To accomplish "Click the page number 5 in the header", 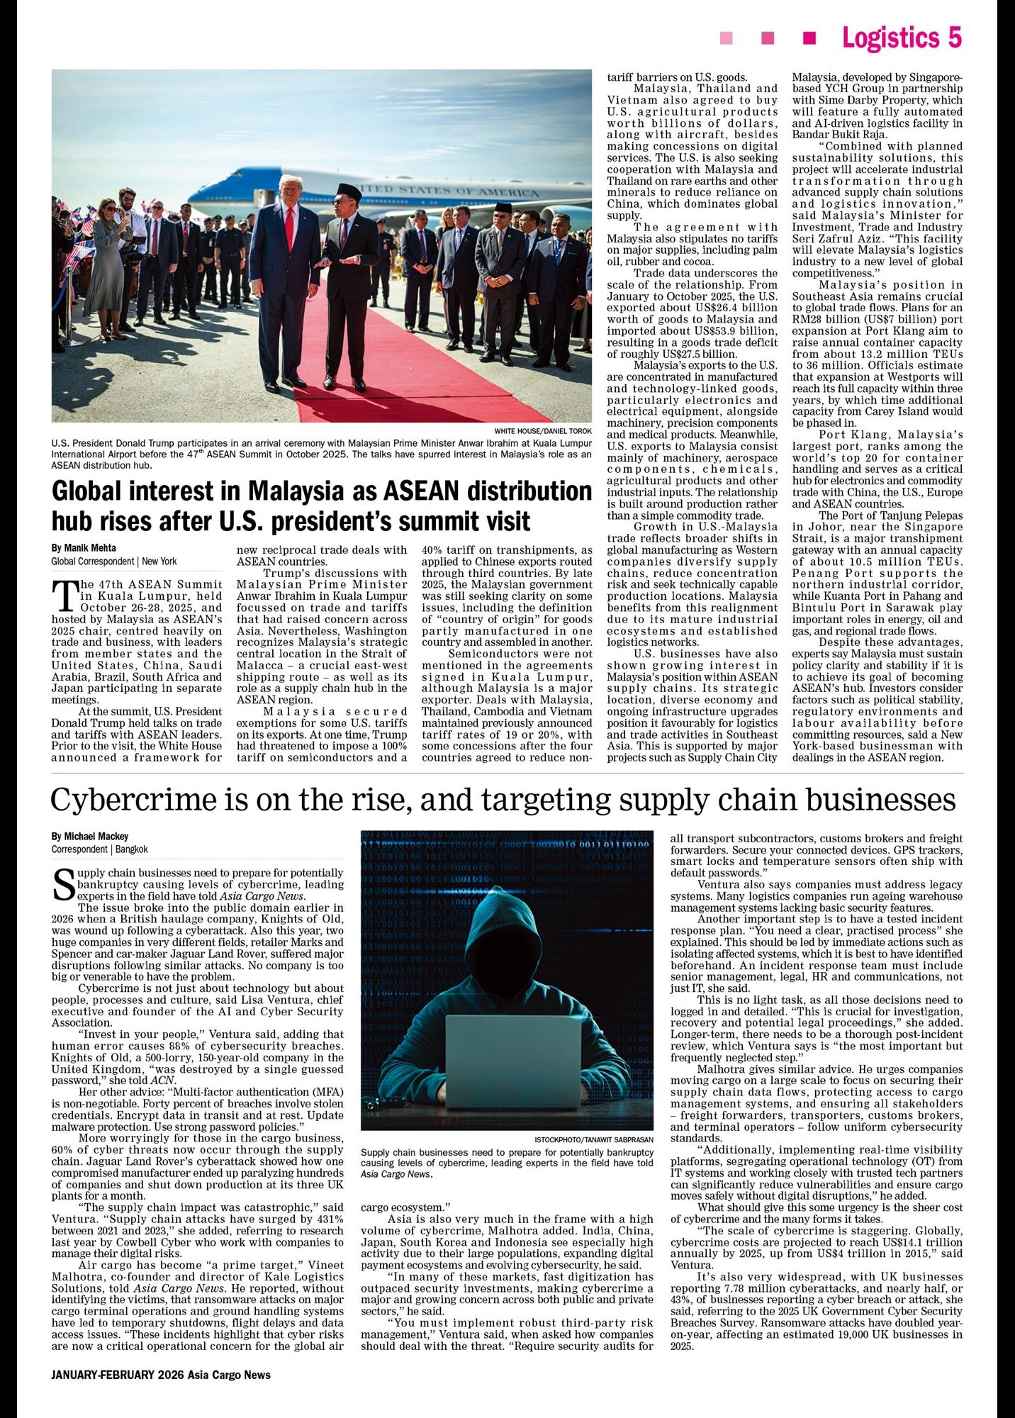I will (954, 38).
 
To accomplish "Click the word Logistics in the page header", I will (892, 38).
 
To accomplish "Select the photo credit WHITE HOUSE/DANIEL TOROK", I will (543, 431).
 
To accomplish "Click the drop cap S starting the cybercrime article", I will (64, 882).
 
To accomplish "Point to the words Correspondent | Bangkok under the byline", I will (99, 849).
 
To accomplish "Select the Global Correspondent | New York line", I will (114, 561).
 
